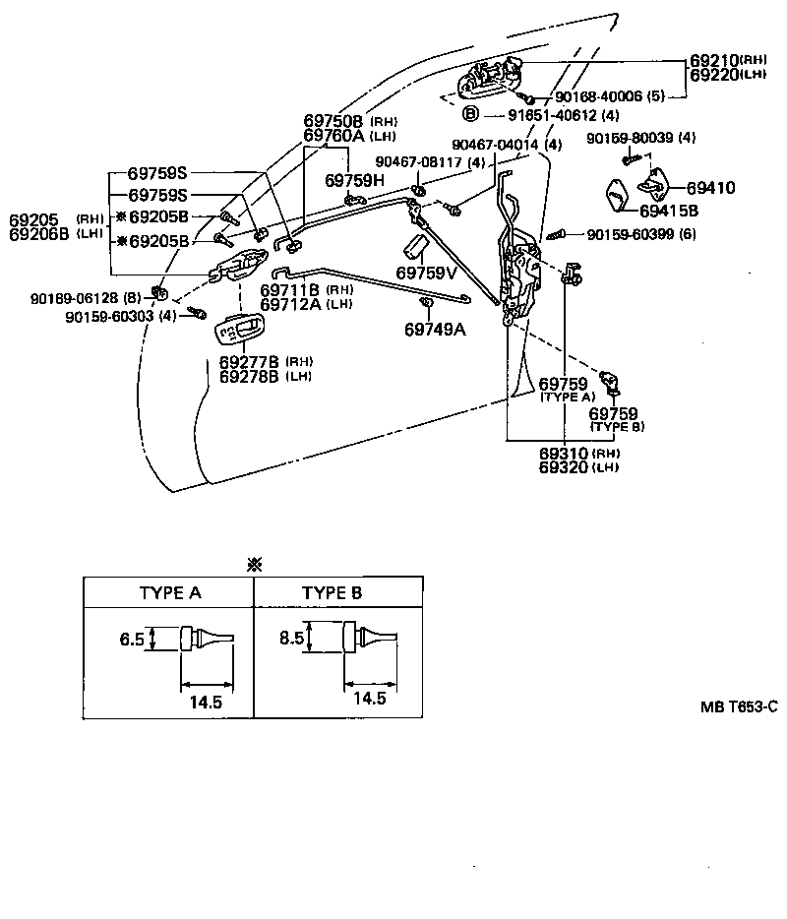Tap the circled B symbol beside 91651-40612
tap(470, 114)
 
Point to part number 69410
tap(711, 187)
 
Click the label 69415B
tap(668, 211)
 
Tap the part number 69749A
tap(434, 330)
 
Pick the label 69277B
tap(249, 363)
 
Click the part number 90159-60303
tap(119, 317)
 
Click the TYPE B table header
tap(332, 593)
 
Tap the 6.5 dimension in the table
tap(132, 640)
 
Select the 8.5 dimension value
tap(292, 638)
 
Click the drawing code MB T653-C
tap(739, 705)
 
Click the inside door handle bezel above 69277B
tap(241, 331)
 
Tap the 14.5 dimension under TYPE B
tap(368, 698)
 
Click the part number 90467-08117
tap(419, 162)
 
